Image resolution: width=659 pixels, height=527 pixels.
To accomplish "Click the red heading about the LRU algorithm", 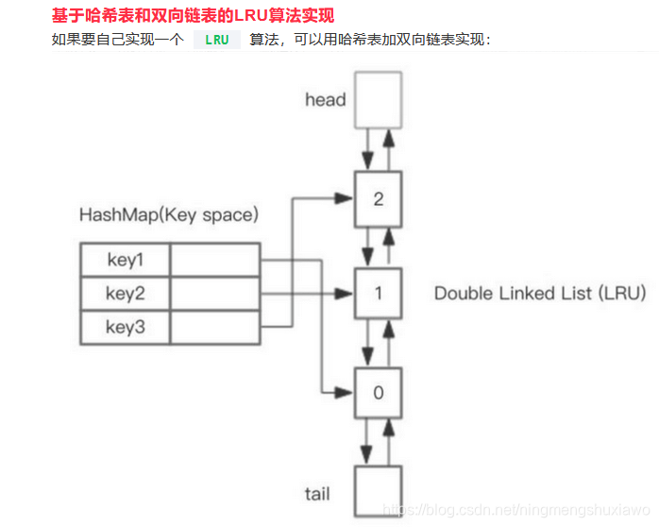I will (x=193, y=16).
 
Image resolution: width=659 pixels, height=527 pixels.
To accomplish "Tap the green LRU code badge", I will (x=216, y=40).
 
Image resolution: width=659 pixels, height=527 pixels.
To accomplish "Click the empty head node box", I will (x=378, y=99).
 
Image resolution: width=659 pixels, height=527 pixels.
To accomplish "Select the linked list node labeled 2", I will (x=378, y=198).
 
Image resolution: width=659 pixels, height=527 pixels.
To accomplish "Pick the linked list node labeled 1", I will (x=378, y=293).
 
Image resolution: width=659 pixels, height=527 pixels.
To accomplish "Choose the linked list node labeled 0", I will (x=378, y=392).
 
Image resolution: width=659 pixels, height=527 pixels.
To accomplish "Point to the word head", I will (x=325, y=99).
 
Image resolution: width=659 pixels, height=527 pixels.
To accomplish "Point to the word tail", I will (x=317, y=494).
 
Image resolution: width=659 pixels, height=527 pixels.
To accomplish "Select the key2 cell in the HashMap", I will (x=125, y=293).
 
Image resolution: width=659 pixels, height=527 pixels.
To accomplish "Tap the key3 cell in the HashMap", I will (x=125, y=327).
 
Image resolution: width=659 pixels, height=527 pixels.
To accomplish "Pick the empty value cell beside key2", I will (x=214, y=293).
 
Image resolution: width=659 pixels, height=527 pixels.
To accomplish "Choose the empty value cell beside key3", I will (x=214, y=327).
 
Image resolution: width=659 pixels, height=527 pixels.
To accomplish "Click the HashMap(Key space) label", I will (x=168, y=214).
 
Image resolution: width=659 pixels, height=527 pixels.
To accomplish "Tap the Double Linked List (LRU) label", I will (x=539, y=293).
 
